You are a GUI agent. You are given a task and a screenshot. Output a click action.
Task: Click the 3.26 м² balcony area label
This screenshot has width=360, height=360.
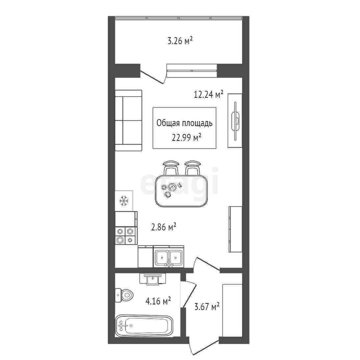(180, 41)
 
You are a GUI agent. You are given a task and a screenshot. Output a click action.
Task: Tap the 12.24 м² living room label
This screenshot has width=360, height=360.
(209, 94)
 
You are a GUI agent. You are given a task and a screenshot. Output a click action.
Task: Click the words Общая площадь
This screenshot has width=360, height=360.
(185, 123)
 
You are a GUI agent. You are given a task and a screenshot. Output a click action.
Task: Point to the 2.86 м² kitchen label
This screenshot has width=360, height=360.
(164, 227)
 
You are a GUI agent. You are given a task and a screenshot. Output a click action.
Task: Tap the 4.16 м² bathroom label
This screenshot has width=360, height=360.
(158, 301)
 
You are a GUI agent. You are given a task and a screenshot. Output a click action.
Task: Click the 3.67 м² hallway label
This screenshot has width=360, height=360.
(207, 306)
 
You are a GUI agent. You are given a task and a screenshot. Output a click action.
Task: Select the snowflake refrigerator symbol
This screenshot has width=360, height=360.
(124, 201)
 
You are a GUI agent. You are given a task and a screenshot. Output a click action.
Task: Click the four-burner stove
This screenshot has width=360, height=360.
(126, 236)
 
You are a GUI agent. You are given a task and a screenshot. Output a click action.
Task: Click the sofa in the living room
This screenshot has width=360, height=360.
(128, 120)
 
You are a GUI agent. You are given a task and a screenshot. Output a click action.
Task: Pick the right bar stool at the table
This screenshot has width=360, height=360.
(193, 168)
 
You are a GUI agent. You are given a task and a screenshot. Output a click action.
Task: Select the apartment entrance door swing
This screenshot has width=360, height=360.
(204, 350)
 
